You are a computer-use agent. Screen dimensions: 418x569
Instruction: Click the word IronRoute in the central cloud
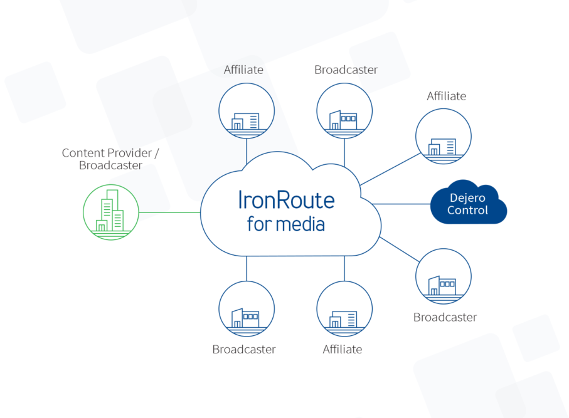(x=286, y=199)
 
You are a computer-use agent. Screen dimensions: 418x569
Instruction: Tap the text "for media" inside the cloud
(x=286, y=223)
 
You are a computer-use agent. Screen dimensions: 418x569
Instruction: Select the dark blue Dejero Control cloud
(x=468, y=204)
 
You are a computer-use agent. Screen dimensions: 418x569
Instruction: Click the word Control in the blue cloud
(x=467, y=211)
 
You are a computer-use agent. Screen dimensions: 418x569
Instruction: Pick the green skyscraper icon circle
(x=111, y=212)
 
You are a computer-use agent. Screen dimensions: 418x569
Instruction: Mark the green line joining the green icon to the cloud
(x=169, y=212)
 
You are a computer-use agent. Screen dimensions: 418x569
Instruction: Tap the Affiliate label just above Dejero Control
(x=446, y=96)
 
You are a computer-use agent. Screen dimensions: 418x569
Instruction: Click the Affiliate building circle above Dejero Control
(x=444, y=137)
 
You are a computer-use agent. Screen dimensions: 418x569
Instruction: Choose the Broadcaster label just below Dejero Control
(x=445, y=317)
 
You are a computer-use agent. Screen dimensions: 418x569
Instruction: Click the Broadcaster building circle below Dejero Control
(x=444, y=276)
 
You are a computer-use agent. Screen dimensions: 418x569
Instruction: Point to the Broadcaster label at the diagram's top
(x=346, y=70)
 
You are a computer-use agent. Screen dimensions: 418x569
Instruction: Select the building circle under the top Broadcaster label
(x=344, y=111)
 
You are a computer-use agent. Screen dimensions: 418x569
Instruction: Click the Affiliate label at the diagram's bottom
(x=342, y=349)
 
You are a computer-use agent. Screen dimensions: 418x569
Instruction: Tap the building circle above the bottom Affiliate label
(x=344, y=308)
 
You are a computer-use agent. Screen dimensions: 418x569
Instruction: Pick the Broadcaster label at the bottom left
(x=244, y=349)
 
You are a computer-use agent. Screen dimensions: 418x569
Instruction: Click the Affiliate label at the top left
(x=243, y=70)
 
